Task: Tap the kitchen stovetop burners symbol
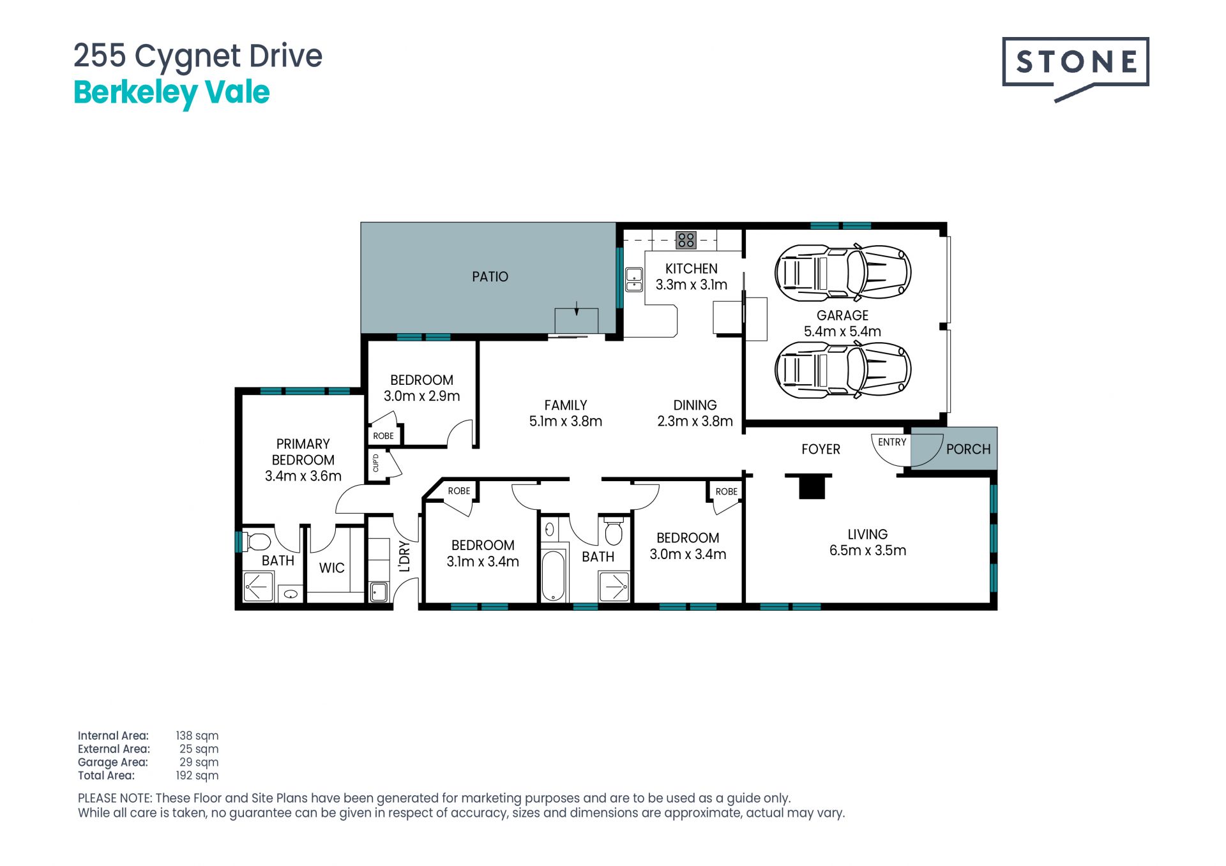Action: (x=686, y=240)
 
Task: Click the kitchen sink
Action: (x=633, y=279)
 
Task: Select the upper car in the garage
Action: (x=843, y=273)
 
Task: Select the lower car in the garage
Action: (x=843, y=370)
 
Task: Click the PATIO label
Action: (x=490, y=276)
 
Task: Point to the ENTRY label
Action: (x=892, y=442)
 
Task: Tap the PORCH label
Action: (x=969, y=449)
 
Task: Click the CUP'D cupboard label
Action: (x=375, y=463)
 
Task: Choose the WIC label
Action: (x=331, y=568)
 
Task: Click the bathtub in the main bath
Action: (x=553, y=576)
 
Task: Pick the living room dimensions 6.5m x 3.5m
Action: (x=868, y=550)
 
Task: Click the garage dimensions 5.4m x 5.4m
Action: (x=842, y=331)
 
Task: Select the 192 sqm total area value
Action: (x=197, y=775)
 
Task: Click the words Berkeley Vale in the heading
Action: (x=172, y=93)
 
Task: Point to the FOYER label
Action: (x=821, y=449)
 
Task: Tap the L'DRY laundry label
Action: (x=404, y=556)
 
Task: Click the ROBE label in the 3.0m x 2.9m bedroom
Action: (x=384, y=436)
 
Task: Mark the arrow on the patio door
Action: (x=577, y=308)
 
